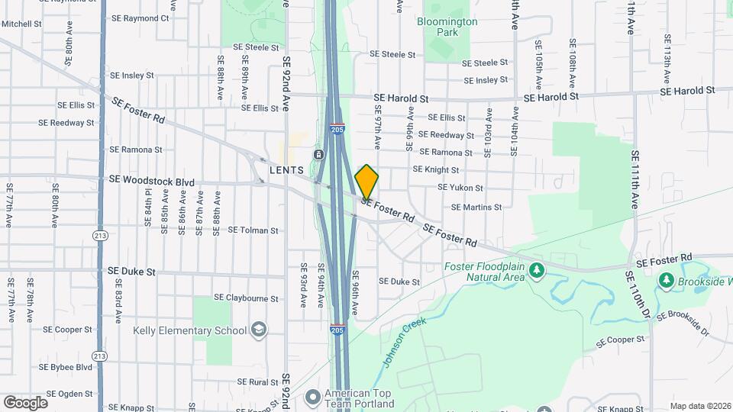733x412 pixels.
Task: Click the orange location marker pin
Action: point(366,182)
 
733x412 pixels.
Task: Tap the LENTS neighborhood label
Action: point(286,169)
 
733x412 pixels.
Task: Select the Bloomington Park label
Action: point(447,27)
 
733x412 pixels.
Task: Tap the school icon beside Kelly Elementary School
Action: point(260,330)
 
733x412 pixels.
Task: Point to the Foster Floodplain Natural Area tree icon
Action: point(537,269)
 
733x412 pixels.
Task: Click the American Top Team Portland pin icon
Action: point(312,397)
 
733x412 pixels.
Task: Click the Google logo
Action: point(25,402)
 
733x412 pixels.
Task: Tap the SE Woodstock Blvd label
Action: point(151,181)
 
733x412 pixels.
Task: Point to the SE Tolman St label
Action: point(253,230)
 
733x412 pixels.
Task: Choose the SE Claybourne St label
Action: point(246,298)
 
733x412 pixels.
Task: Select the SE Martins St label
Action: point(476,207)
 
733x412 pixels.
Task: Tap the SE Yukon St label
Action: point(460,188)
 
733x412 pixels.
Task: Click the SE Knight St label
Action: point(436,170)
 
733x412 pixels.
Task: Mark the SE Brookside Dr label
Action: point(684,323)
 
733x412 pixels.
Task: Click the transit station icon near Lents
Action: point(318,155)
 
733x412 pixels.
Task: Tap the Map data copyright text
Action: point(699,406)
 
